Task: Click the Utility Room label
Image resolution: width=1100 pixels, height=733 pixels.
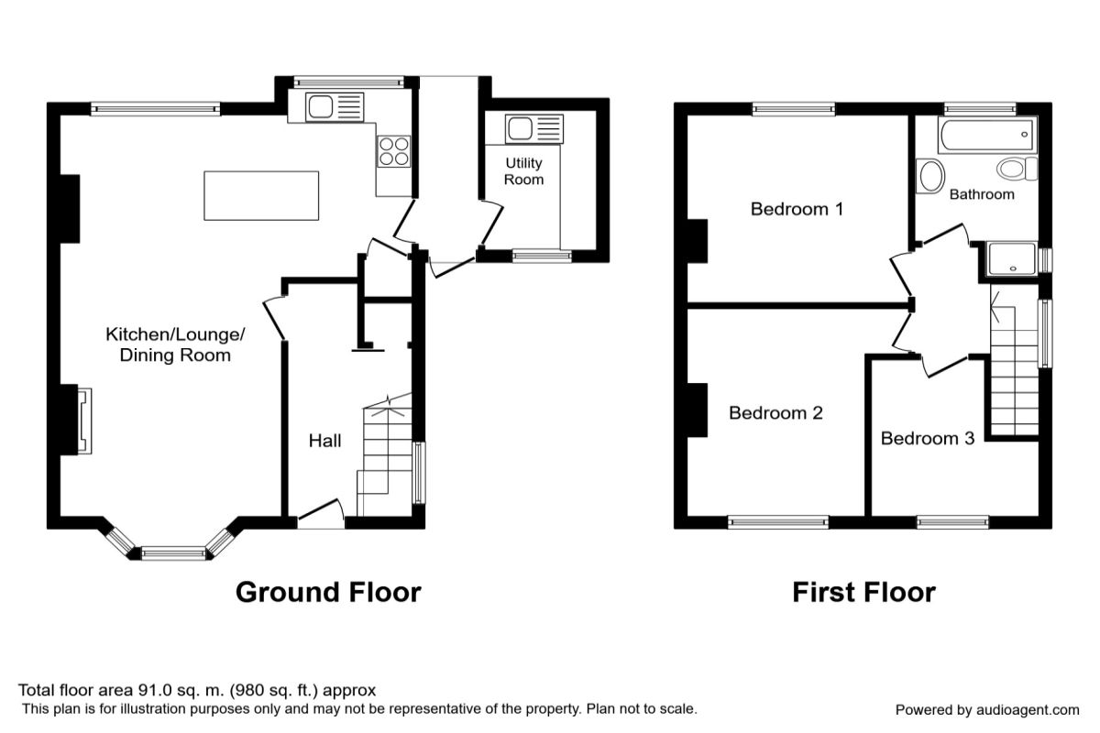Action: point(523,171)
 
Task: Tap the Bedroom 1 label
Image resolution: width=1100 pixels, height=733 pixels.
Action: point(797,209)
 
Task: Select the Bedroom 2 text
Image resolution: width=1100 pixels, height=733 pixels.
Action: point(775,413)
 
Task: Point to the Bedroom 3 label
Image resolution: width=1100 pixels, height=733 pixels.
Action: point(927,439)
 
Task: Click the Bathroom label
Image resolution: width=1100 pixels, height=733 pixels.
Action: point(982,194)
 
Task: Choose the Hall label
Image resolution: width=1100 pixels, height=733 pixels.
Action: point(324,442)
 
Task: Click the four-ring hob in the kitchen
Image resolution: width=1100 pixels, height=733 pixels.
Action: point(394,150)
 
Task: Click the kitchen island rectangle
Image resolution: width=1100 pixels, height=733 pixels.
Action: point(261,195)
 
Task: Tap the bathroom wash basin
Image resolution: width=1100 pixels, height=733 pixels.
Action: point(931,175)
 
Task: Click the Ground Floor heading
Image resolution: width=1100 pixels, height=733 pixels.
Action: point(328,592)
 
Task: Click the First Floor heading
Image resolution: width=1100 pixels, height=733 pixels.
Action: point(863,592)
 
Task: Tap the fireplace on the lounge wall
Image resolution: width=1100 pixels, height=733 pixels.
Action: point(82,421)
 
